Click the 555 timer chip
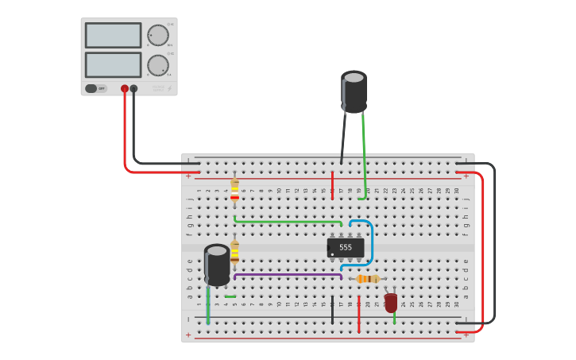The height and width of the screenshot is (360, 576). click(346, 247)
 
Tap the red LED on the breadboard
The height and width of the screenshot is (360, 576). click(391, 303)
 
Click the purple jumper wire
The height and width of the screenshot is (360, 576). click(286, 274)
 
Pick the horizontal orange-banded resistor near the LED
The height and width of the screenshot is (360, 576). click(367, 279)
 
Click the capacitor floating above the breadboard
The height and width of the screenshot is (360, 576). click(354, 92)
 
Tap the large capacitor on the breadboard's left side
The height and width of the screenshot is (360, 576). click(217, 265)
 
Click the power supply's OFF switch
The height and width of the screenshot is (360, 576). click(92, 88)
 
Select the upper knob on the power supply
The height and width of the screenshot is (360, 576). click(158, 36)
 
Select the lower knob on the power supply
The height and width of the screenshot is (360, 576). click(158, 65)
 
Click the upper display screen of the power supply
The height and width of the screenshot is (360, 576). click(113, 35)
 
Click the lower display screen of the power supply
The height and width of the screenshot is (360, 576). click(113, 64)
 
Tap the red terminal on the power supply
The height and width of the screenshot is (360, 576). click(125, 88)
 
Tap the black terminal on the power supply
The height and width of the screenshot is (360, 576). click(133, 88)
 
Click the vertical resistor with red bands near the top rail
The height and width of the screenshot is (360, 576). click(234, 191)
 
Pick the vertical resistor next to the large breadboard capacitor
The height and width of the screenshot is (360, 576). click(234, 252)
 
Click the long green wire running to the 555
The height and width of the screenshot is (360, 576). click(286, 222)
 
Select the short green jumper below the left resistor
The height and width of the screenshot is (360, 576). click(230, 296)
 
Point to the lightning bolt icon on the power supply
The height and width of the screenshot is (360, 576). click(169, 88)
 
